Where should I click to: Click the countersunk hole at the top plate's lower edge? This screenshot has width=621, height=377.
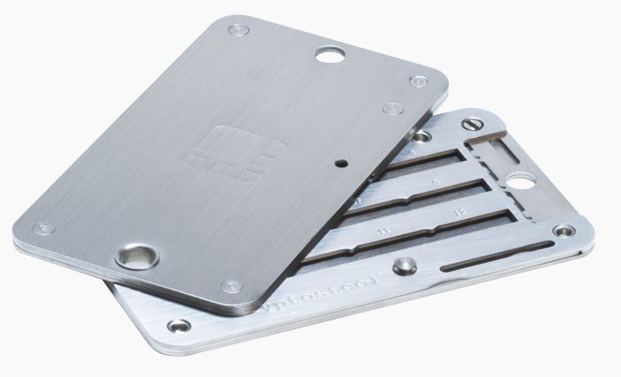[x=137, y=258]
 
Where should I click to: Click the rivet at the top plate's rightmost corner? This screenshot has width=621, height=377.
[x=418, y=81]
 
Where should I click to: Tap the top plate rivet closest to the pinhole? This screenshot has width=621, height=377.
[x=392, y=111]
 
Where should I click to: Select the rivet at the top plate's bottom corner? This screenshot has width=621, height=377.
[x=233, y=286]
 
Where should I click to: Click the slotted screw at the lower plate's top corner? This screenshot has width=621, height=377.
[x=474, y=124]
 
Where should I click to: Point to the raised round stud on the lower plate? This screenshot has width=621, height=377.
[x=404, y=266]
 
